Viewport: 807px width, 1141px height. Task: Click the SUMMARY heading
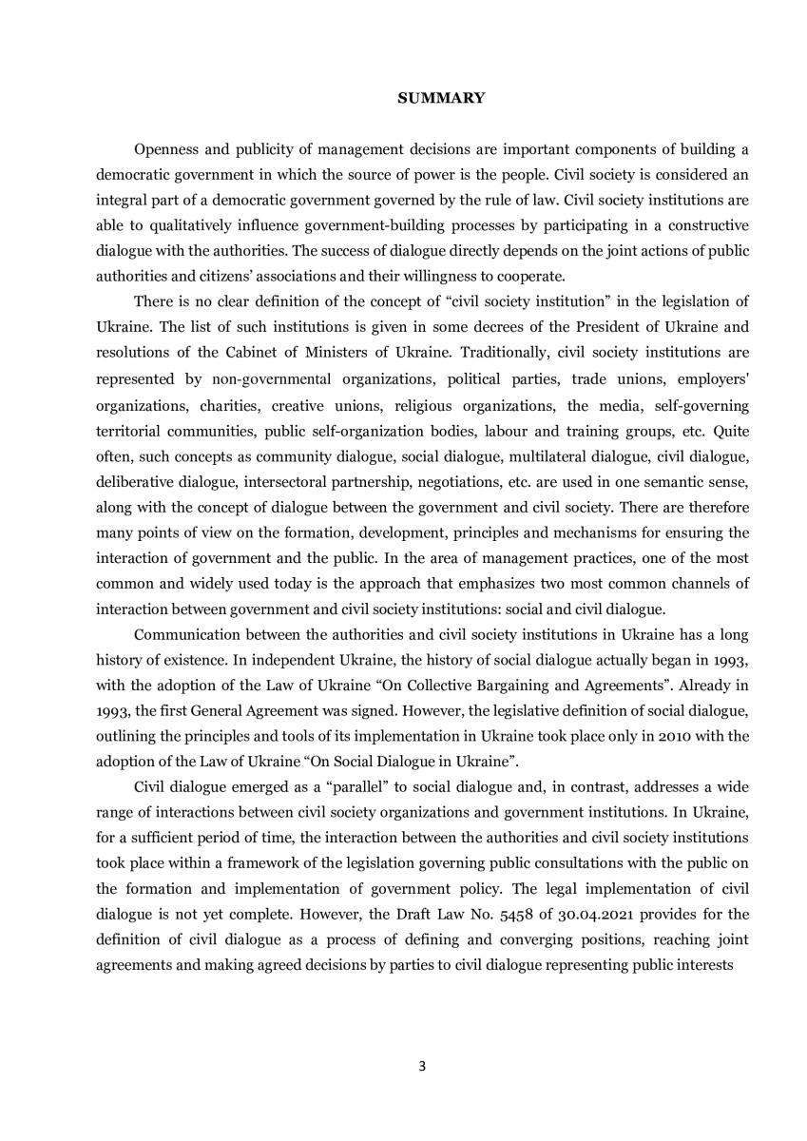click(x=440, y=98)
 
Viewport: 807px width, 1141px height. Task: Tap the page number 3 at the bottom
click(x=422, y=1066)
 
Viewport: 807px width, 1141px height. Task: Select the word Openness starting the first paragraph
click(x=167, y=150)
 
